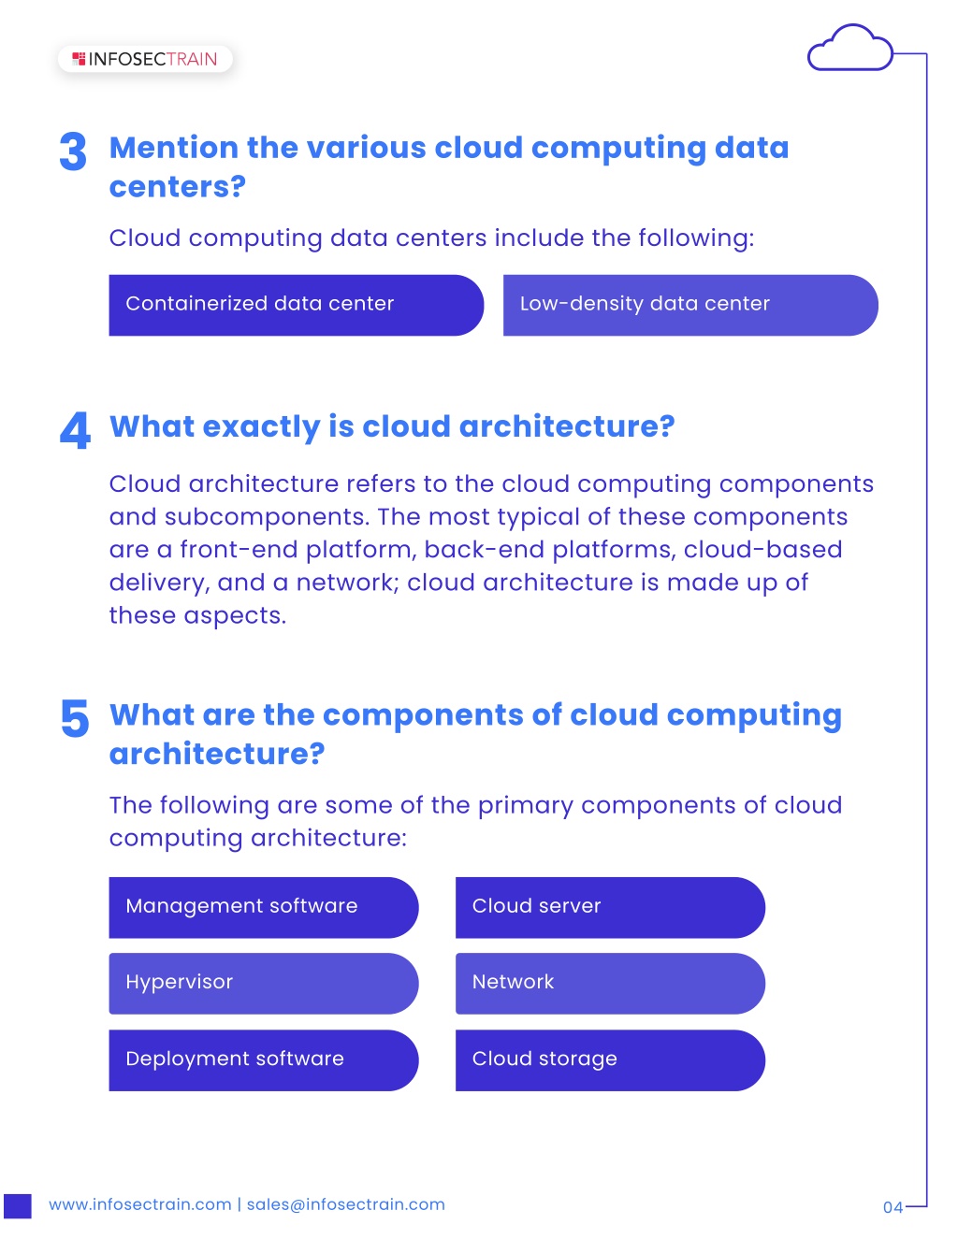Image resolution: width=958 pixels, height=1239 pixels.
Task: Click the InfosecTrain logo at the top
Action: [x=145, y=59]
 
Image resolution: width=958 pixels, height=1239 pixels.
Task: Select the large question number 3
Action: [x=73, y=151]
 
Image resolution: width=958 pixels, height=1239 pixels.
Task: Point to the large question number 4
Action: [x=75, y=430]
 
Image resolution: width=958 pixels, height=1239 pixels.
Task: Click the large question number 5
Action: [x=75, y=718]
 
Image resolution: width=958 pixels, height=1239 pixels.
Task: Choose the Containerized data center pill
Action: [x=296, y=305]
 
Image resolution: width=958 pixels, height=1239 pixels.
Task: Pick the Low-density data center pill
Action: [x=690, y=305]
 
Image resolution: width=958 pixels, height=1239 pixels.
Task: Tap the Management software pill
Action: [x=264, y=907]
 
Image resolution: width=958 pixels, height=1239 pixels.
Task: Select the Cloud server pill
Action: [x=610, y=907]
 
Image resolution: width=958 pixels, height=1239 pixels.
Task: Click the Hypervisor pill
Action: [x=264, y=984]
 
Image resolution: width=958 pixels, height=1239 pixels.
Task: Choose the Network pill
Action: [x=610, y=984]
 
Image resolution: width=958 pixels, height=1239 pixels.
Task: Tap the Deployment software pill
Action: [x=264, y=1060]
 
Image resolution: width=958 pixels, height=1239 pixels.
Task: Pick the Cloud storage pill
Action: [x=610, y=1060]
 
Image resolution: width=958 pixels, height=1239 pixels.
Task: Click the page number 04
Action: [x=893, y=1207]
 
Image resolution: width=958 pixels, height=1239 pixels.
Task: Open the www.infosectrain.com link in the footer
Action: [x=140, y=1204]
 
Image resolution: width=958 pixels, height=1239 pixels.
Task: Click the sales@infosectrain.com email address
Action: [x=345, y=1204]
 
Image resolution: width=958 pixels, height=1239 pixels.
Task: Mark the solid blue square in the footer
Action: [x=18, y=1206]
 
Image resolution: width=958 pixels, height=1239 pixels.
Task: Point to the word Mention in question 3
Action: [x=174, y=148]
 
